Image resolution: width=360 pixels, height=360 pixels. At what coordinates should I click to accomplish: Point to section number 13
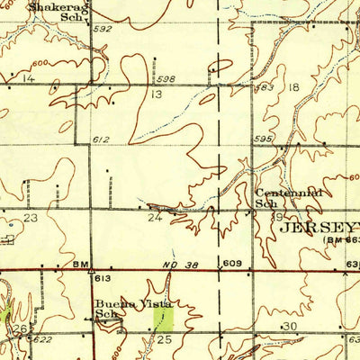tap(156, 94)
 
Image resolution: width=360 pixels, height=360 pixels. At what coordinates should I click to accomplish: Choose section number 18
tap(294, 87)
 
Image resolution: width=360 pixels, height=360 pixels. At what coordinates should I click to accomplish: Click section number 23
tap(31, 218)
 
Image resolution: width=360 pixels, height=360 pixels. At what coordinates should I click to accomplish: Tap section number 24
tap(155, 217)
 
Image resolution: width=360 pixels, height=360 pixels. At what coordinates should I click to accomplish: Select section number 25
tap(164, 339)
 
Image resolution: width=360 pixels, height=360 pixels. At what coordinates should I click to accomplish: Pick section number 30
tap(290, 326)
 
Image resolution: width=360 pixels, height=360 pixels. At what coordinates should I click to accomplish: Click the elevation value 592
tap(102, 29)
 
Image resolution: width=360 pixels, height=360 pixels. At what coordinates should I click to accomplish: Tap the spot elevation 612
tap(101, 140)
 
